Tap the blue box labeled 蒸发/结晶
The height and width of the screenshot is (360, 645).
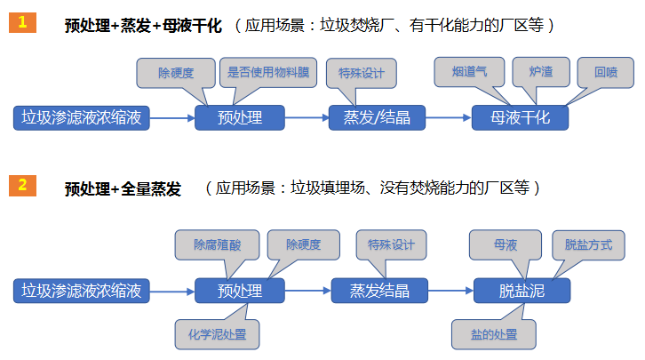tap(377, 117)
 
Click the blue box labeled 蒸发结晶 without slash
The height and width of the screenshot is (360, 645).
tap(379, 290)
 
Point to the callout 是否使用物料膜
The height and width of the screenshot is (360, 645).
tap(267, 72)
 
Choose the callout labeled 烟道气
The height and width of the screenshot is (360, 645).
tap(470, 72)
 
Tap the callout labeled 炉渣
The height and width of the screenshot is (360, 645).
tap(540, 72)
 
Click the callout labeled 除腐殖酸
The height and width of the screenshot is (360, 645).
tap(218, 244)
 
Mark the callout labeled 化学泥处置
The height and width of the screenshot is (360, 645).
tap(217, 335)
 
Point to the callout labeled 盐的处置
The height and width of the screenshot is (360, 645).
tap(494, 335)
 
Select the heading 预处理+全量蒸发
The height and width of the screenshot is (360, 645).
tap(123, 189)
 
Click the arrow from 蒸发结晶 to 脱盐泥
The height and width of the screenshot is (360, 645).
tap(450, 290)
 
